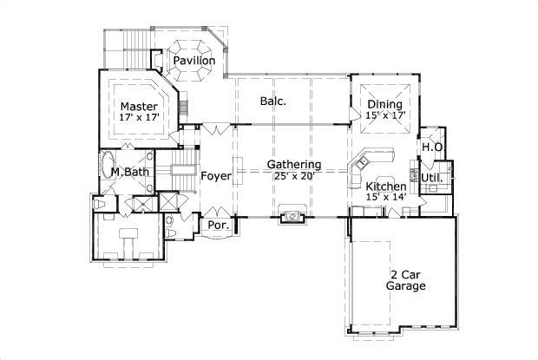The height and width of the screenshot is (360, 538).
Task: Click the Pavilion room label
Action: coord(194,61)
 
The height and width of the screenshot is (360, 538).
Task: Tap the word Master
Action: coord(138,107)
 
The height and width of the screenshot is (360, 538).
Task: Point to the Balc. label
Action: coord(273,101)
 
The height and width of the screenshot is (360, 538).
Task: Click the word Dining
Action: coord(384,104)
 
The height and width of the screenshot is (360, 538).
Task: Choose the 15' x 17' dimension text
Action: coord(384,115)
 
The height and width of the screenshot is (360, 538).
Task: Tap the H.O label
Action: coord(432,147)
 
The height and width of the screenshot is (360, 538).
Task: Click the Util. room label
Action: coord(433,179)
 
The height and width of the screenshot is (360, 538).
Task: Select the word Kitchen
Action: coord(385,187)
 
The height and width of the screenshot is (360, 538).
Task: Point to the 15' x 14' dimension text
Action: coord(385,198)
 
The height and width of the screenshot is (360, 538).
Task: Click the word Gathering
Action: coord(294,164)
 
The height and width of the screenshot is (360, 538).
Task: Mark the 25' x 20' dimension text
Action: coord(294,175)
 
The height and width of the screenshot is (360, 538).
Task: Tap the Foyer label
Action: coord(216,176)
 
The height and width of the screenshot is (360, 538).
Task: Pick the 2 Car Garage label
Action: coord(405,278)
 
